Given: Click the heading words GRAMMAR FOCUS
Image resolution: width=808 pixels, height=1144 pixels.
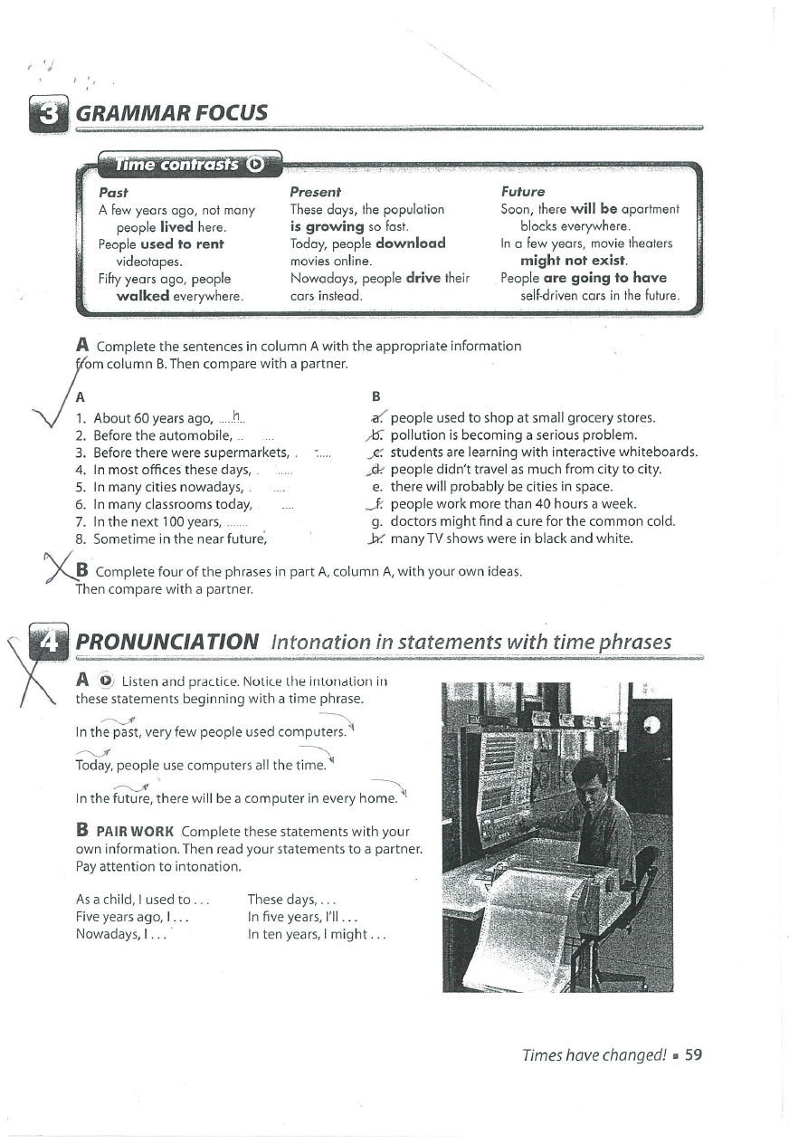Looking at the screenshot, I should tap(172, 113).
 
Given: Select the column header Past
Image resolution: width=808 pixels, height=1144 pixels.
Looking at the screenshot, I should tap(113, 192).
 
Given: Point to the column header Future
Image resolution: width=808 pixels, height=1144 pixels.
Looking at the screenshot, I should tap(523, 192).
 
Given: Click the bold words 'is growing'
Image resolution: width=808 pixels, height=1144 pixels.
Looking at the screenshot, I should tap(326, 226).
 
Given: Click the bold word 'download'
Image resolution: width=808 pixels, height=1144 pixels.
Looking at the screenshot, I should tap(411, 243).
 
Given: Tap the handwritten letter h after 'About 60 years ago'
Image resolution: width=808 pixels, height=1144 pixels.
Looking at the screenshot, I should tap(236, 416).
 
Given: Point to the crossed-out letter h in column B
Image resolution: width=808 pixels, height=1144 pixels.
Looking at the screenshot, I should tap(374, 539).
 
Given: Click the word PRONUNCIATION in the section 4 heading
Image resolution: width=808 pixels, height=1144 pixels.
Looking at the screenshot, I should tap(168, 642).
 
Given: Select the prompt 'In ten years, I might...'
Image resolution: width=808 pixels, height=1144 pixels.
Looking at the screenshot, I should tap(317, 934).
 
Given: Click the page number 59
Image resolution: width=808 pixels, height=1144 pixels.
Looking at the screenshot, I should tap(694, 1054).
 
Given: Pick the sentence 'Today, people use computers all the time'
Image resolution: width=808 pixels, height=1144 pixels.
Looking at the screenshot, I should tap(199, 766).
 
